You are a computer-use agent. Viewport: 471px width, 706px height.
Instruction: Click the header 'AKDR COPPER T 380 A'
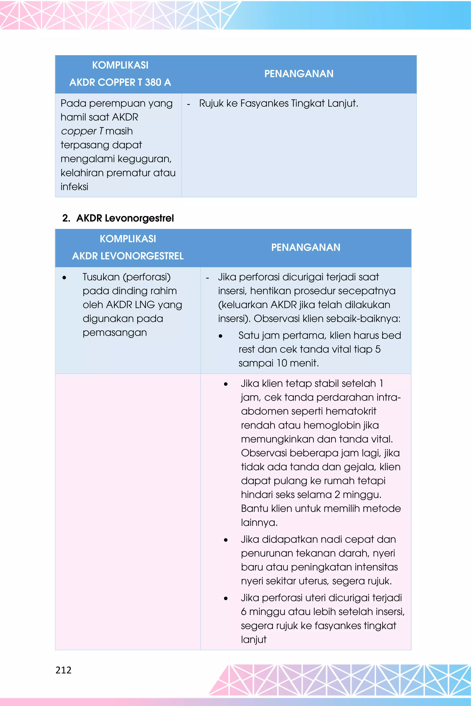[x=120, y=82]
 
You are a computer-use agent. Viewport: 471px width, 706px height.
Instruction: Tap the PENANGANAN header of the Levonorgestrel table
[x=305, y=247]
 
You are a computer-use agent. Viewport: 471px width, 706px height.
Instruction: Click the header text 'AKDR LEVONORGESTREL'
[x=128, y=256]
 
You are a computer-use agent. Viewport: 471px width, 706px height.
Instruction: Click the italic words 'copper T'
[x=82, y=131]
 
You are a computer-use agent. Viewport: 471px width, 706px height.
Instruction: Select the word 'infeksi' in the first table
[x=74, y=187]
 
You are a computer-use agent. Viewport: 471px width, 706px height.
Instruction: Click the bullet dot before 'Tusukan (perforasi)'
[x=64, y=278]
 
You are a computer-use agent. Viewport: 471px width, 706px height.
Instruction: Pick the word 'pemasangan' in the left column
[x=115, y=333]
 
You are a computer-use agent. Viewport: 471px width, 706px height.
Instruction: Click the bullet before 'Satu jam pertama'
[x=221, y=336]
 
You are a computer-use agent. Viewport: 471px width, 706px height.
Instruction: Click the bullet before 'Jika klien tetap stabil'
[x=226, y=384]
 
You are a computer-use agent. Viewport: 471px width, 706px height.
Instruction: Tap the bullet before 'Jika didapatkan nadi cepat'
[x=226, y=540]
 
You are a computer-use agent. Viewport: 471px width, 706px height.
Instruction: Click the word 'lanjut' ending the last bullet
[x=253, y=640]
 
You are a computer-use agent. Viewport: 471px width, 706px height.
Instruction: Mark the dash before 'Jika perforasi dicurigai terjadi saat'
[x=207, y=278]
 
